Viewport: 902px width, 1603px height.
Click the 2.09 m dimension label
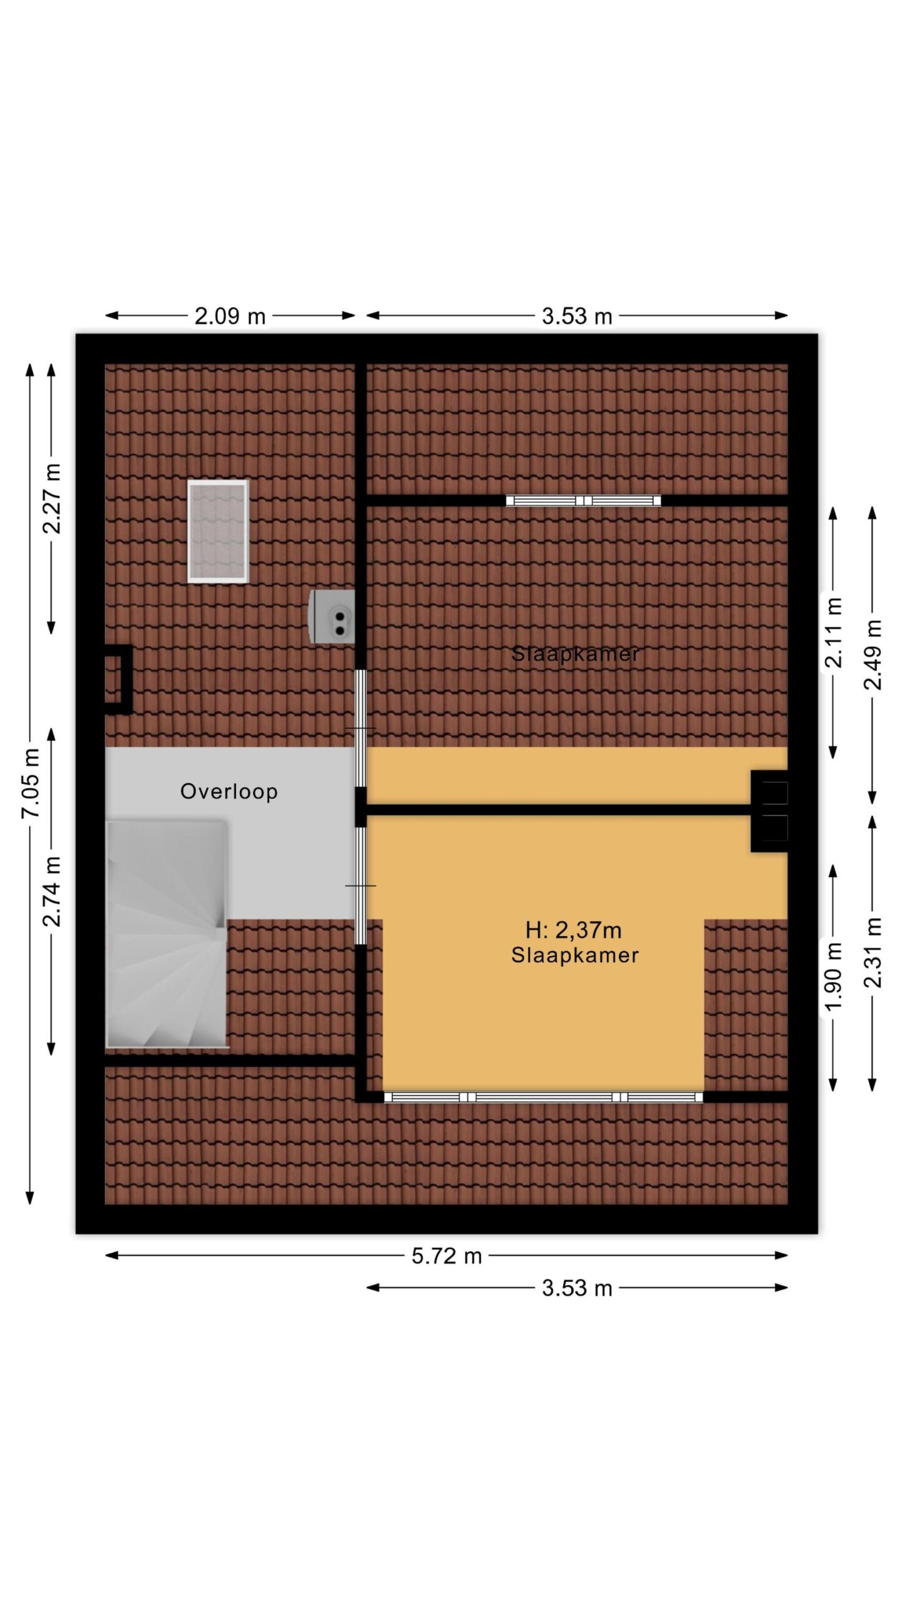[x=230, y=316]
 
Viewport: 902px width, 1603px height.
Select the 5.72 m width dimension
[x=447, y=1255]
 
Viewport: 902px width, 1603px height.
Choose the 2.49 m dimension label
[x=873, y=655]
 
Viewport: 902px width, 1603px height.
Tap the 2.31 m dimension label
[x=873, y=952]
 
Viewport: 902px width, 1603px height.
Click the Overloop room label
[x=229, y=791]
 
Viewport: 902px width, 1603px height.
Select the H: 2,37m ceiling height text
[x=574, y=930]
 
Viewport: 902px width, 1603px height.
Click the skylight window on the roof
[x=218, y=532]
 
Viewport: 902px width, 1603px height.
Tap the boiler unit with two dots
[x=333, y=616]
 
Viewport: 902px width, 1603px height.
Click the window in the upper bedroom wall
[x=583, y=500]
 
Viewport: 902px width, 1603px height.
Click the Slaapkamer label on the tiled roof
[x=576, y=654]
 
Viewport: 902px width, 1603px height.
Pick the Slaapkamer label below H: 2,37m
[x=575, y=956]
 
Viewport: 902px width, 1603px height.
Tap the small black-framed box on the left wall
[x=118, y=679]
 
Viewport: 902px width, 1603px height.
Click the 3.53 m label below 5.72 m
[x=577, y=1288]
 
